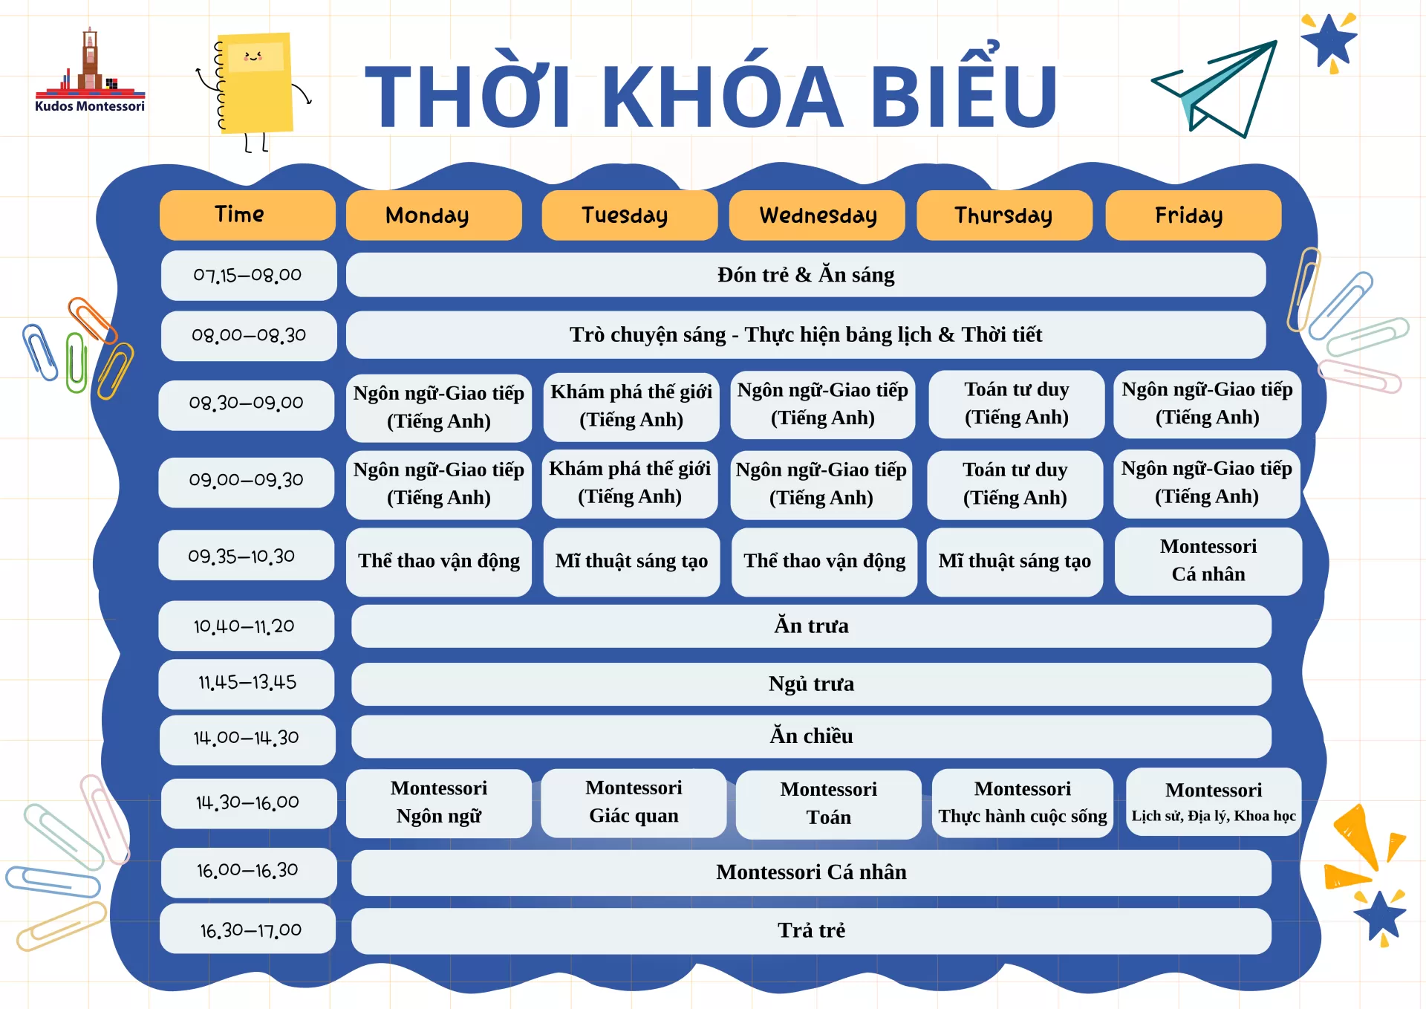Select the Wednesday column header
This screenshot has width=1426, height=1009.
click(817, 215)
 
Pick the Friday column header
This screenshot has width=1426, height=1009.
click(1193, 215)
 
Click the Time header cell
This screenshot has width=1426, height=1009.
click(247, 215)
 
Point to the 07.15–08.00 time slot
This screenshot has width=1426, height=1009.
click(248, 276)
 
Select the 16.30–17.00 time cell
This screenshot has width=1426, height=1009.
click(248, 929)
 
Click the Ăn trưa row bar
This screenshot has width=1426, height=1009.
click(811, 626)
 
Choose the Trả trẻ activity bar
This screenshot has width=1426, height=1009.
click(811, 930)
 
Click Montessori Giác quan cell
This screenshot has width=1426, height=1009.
click(634, 802)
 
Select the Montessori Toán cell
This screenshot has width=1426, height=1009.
click(828, 804)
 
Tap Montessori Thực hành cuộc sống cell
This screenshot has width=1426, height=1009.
click(1023, 803)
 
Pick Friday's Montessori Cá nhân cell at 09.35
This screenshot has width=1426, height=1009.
click(1208, 561)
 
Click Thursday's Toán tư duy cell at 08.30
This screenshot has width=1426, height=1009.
click(1017, 404)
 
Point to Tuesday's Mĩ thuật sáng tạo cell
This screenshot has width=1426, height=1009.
click(631, 562)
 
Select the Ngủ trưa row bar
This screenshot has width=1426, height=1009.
click(811, 684)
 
